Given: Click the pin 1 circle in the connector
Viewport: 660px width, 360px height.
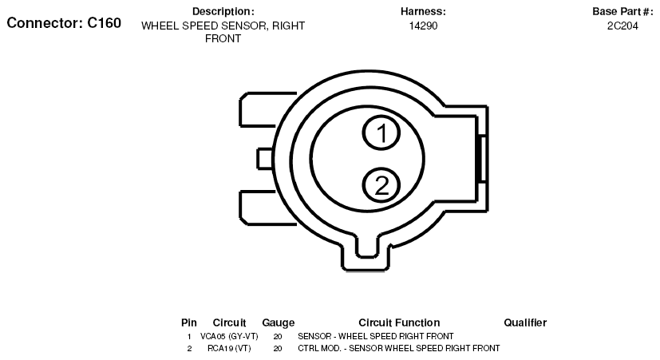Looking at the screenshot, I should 382,133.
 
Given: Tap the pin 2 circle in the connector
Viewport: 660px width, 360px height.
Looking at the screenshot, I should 381,185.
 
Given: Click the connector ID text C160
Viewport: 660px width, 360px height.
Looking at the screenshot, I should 104,22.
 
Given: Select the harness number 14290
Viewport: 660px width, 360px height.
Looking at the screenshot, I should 423,26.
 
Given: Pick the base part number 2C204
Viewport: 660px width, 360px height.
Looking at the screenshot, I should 622,26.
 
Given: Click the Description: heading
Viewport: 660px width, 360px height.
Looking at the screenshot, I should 223,11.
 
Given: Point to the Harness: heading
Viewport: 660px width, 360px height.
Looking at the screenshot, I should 423,11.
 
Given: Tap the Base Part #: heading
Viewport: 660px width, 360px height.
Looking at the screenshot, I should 622,11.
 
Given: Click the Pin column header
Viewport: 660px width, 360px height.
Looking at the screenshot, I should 189,322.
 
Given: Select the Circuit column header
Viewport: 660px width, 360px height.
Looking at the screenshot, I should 229,322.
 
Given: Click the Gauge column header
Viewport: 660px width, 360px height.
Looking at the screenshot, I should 279,322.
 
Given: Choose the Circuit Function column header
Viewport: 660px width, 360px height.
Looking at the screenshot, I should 399,322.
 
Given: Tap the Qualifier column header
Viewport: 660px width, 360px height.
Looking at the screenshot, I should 525,322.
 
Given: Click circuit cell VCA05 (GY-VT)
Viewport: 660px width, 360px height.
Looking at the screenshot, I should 229,336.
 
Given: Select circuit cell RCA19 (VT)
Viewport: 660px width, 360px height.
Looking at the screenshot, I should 229,349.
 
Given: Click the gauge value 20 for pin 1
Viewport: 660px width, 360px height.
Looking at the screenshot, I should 278,336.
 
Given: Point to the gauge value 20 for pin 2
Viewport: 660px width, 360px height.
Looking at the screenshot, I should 278,349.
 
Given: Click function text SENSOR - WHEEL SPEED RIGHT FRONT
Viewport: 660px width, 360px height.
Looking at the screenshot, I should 375,336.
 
